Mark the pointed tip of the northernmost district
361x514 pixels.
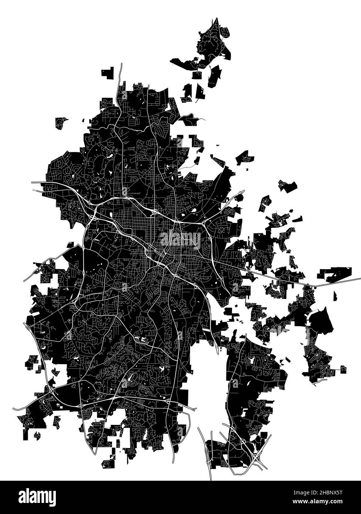pyautogui.click(x=215, y=18)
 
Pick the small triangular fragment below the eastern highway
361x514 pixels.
pyautogui.click(x=335, y=296)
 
